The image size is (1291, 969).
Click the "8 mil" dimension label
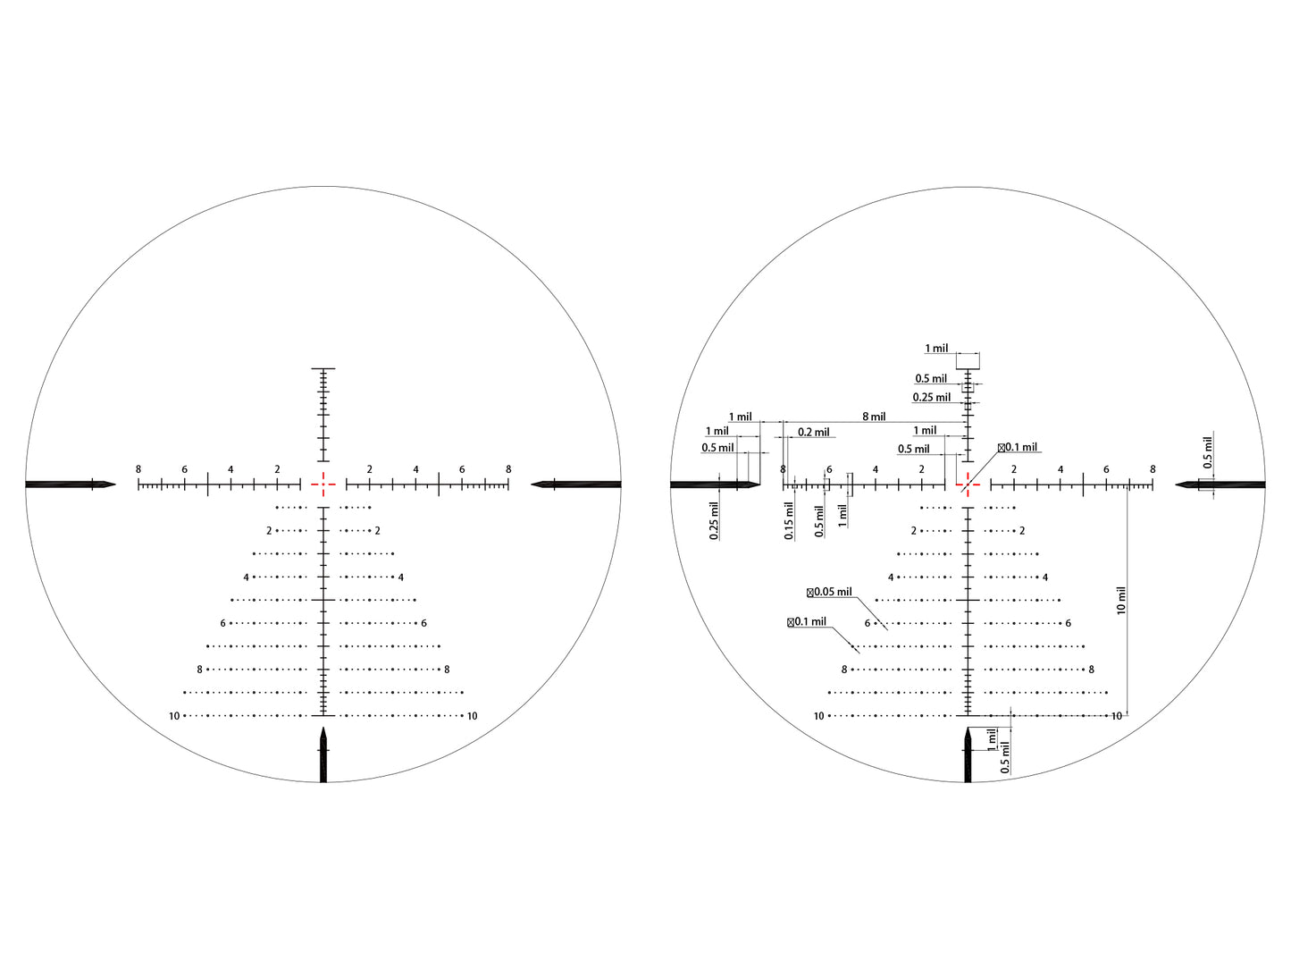pyautogui.click(x=874, y=417)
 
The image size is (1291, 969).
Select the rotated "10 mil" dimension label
pyautogui.click(x=1121, y=600)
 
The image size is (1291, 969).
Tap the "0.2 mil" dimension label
pyautogui.click(x=813, y=433)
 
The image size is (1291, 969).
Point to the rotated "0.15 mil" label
pyautogui.click(x=789, y=520)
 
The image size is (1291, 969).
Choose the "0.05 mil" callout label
pyautogui.click(x=829, y=592)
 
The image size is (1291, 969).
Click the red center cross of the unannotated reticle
pyautogui.click(x=323, y=484)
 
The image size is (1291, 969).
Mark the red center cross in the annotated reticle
pyautogui.click(x=968, y=484)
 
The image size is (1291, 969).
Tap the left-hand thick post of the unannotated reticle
pyautogui.click(x=70, y=484)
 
